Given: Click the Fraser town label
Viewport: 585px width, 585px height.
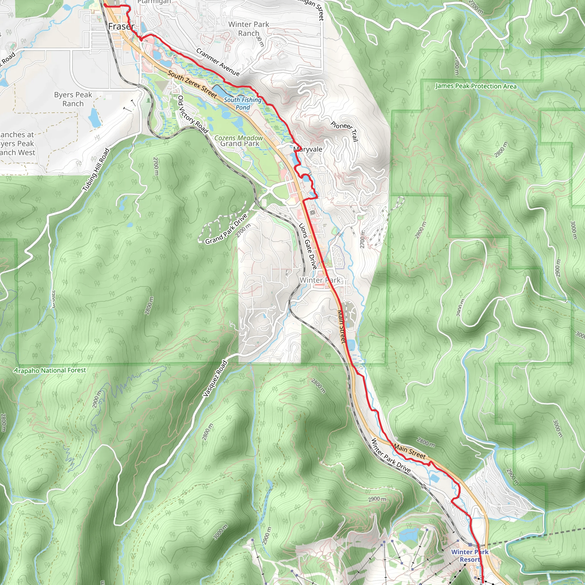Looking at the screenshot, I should [x=121, y=27].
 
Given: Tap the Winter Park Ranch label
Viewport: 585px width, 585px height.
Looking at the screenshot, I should [x=249, y=29].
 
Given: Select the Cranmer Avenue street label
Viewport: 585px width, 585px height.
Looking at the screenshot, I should [x=218, y=62].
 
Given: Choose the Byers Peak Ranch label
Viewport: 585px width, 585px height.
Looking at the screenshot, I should [x=73, y=99].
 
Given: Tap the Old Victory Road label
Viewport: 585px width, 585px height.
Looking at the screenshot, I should [x=193, y=115].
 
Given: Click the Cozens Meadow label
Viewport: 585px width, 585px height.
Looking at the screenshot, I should [x=239, y=138].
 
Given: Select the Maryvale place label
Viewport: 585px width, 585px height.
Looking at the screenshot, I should [x=308, y=149].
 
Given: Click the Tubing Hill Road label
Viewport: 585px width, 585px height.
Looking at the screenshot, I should [x=96, y=170].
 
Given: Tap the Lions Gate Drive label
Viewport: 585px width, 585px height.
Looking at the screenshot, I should [x=308, y=246].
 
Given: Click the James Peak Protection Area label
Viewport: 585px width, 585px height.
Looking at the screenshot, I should [x=476, y=86].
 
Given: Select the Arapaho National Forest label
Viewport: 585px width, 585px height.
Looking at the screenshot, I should [x=50, y=370].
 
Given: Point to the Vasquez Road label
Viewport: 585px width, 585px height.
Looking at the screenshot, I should [x=215, y=378].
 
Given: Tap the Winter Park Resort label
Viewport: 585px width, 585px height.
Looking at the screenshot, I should [x=470, y=556].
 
